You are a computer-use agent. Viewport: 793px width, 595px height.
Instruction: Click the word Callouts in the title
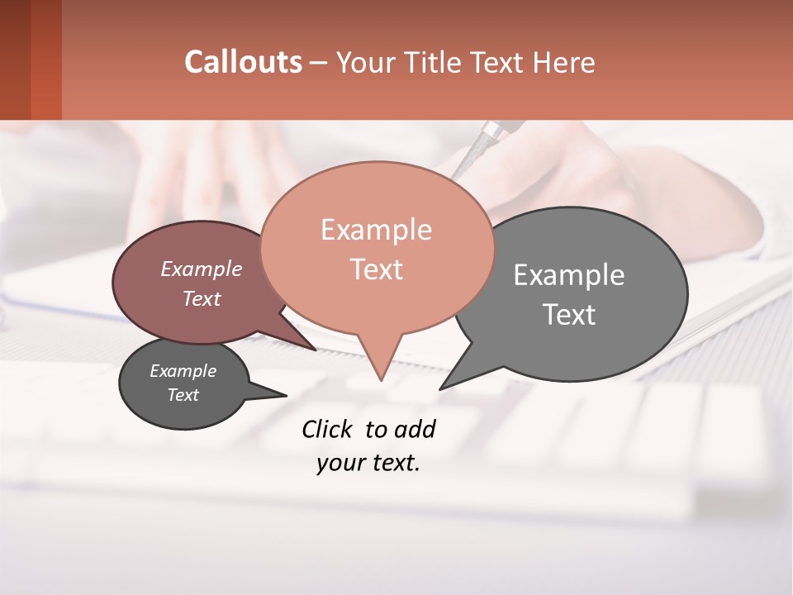[x=243, y=62]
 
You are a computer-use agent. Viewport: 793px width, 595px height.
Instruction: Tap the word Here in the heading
[x=564, y=62]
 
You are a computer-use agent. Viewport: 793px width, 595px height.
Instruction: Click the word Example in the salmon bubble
[x=376, y=230]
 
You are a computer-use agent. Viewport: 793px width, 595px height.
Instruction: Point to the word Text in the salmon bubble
[x=376, y=269]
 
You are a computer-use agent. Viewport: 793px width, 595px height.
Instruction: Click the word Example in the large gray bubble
[x=569, y=275]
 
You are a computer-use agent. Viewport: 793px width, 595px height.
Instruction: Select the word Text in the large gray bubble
[x=569, y=315]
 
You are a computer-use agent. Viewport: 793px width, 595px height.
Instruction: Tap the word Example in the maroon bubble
[x=201, y=269]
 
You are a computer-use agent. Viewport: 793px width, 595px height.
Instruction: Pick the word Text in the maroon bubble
[x=201, y=299]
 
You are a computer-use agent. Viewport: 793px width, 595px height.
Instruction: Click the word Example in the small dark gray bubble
[x=183, y=371]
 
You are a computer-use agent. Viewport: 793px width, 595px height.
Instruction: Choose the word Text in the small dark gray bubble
[x=183, y=395]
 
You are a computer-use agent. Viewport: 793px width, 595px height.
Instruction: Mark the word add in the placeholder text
[x=415, y=430]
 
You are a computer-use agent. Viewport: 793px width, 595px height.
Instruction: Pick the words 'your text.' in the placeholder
[x=368, y=464]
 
